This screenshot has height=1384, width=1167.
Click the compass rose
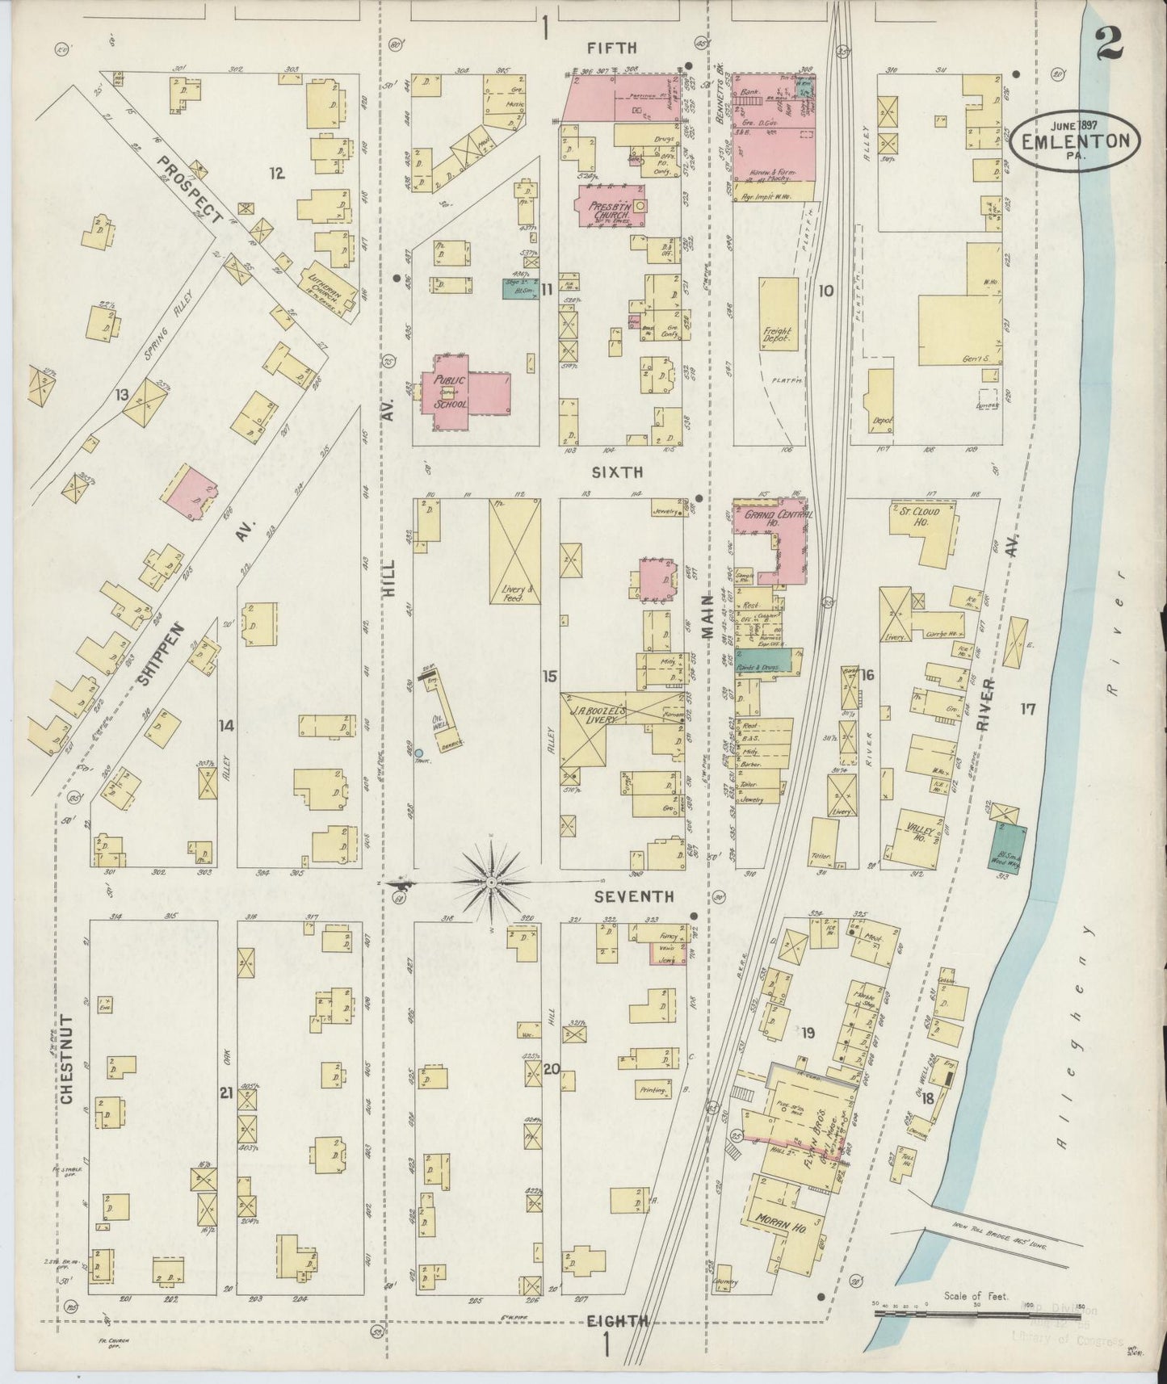point(491,883)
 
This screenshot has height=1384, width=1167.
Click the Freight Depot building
point(779,314)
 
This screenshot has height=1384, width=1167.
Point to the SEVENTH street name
point(634,896)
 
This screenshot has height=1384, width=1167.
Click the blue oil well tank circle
point(418,753)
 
